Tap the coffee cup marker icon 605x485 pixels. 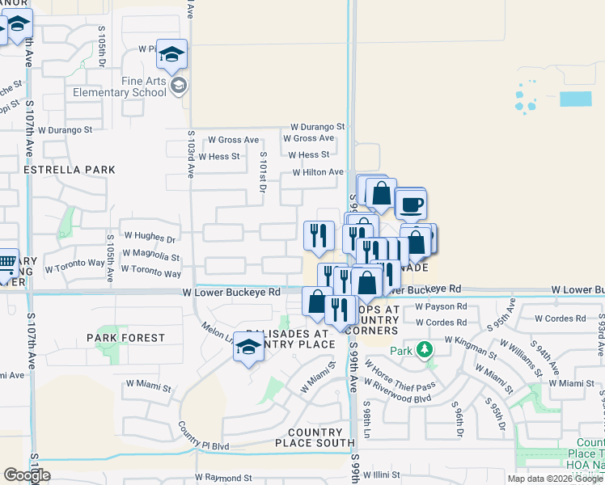(411, 204)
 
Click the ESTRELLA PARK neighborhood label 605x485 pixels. (70, 170)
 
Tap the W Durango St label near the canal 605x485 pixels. (318, 127)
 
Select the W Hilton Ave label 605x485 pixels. (318, 172)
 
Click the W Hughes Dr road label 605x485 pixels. (148, 239)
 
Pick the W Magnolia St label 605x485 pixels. (150, 256)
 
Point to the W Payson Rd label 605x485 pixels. (440, 307)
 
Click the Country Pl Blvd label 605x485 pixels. (204, 445)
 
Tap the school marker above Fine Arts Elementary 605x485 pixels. (171, 54)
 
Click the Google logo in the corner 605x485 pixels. (27, 474)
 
